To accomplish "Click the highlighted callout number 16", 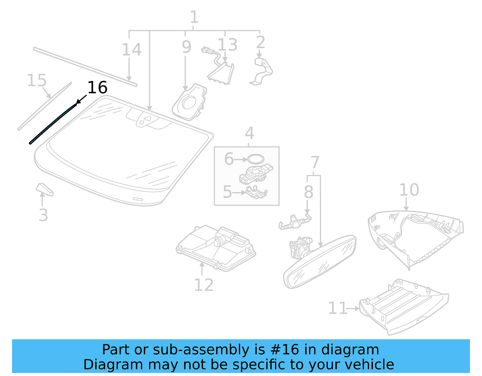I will [x=97, y=88].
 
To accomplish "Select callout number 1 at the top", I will [x=194, y=17].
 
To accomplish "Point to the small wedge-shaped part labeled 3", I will [x=45, y=189].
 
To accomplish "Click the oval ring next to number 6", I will [x=255, y=159].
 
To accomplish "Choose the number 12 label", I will [x=204, y=285].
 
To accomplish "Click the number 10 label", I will [x=409, y=190].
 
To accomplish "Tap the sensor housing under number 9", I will [x=190, y=103].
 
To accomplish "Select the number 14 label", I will [x=131, y=50].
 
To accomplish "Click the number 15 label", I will [x=37, y=80].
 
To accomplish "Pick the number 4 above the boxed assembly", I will [x=249, y=133].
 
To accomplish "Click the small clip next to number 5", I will [x=256, y=192].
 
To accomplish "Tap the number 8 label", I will [x=308, y=192].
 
